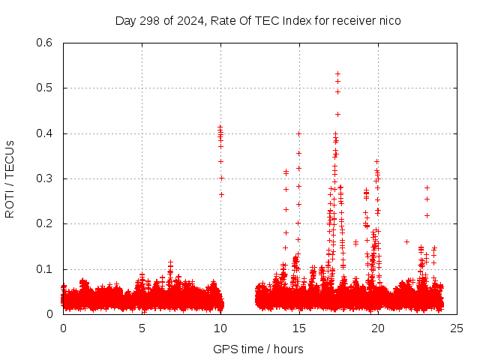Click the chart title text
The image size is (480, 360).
click(x=258, y=20)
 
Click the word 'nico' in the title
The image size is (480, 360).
click(x=389, y=20)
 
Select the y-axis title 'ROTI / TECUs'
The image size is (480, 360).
click(x=10, y=178)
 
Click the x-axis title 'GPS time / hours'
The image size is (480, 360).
click(x=258, y=349)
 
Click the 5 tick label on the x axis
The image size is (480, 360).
click(x=142, y=328)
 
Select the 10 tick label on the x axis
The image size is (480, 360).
click(x=220, y=328)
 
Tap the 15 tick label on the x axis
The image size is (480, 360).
click(x=298, y=328)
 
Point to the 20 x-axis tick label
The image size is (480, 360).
click(x=377, y=328)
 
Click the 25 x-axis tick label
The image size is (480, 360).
click(x=456, y=328)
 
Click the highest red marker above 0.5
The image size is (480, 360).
click(x=338, y=73)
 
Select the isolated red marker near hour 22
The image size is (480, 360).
click(x=406, y=241)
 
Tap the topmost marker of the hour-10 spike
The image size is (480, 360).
click(x=220, y=127)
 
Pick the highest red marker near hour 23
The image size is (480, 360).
click(x=427, y=187)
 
